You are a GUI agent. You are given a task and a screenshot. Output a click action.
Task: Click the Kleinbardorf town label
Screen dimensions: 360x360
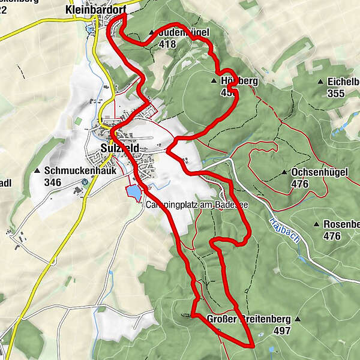96,10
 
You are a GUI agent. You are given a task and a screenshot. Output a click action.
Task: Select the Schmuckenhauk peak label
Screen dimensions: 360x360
71,170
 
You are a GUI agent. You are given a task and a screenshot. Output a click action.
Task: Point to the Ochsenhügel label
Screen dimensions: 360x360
319,173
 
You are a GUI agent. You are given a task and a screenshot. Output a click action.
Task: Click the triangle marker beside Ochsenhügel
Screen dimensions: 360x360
284,173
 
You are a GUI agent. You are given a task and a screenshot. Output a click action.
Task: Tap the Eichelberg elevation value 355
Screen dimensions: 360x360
337,93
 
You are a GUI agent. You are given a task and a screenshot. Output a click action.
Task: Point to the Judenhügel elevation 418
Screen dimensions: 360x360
168,44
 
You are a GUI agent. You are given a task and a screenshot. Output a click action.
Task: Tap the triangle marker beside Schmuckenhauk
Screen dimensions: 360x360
38,171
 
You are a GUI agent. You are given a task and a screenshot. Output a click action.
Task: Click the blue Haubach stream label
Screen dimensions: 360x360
285,229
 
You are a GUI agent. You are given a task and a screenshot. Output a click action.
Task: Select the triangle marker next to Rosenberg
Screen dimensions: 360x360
316,225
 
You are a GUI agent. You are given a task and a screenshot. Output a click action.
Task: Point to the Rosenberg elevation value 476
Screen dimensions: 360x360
332,236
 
